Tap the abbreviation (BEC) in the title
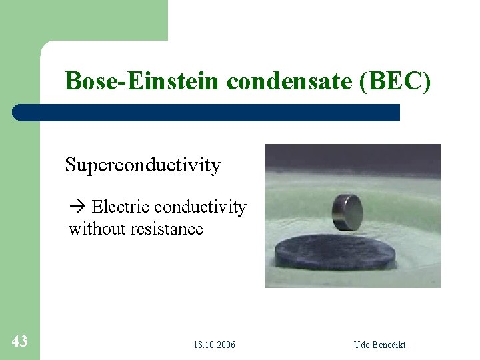395,81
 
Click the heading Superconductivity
143,165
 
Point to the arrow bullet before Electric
77,208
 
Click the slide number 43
19,341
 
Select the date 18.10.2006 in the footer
214,345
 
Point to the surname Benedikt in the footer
389,345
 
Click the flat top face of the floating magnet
348,199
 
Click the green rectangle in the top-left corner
83,20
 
